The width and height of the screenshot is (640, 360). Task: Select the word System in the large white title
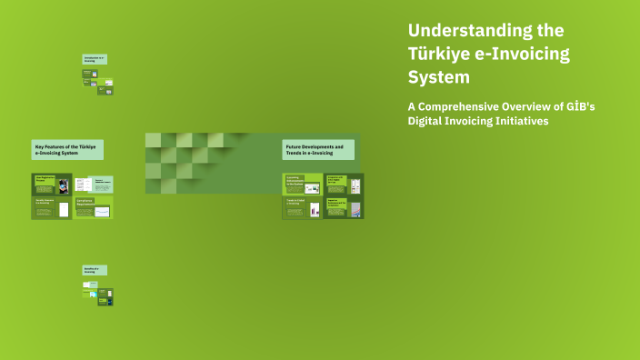tap(439, 76)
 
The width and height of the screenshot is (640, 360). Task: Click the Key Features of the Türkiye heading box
tap(67, 150)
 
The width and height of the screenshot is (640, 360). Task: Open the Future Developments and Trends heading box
tap(318, 150)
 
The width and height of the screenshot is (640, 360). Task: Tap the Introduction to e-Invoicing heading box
tap(95, 59)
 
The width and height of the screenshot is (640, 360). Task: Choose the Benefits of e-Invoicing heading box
tap(95, 270)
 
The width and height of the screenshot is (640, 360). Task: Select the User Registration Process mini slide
tap(52, 184)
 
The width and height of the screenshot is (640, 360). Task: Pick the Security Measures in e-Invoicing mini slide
tap(52, 208)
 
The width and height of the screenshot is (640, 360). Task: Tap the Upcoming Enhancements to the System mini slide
tap(302, 184)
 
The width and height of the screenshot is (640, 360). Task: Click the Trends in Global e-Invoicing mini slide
tap(302, 208)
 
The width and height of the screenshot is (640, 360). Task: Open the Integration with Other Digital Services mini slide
tap(344, 184)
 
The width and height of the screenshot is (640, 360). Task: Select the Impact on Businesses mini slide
tap(344, 208)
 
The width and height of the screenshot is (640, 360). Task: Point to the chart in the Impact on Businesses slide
tap(355, 210)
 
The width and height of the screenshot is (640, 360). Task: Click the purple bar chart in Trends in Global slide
tap(315, 211)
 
